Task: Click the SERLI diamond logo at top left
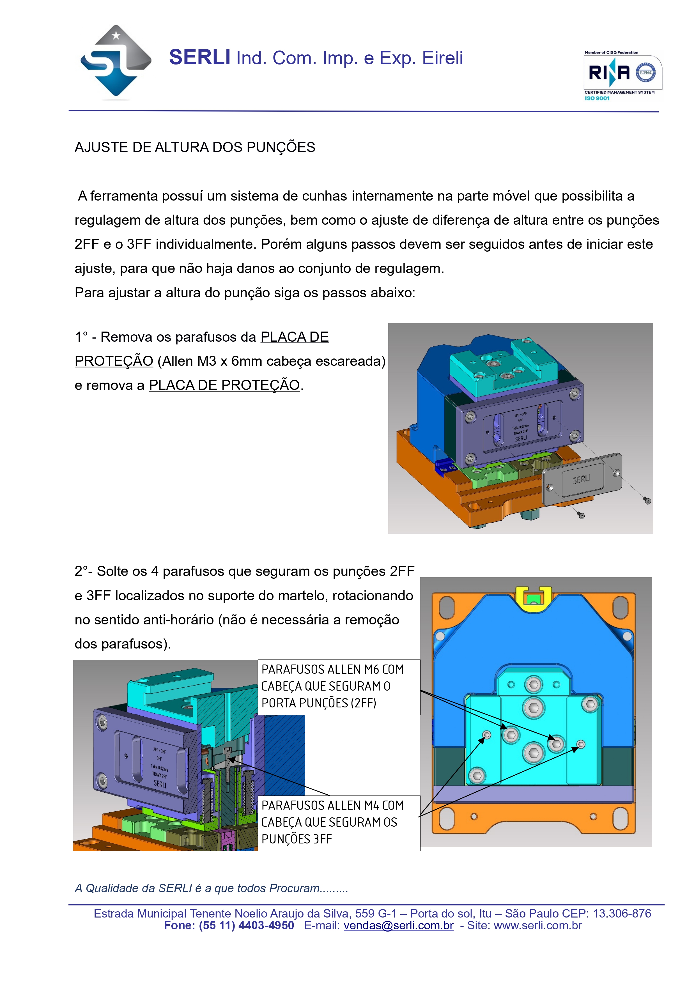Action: pyautogui.click(x=116, y=62)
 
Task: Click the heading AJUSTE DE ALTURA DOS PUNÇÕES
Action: pyautogui.click(x=195, y=148)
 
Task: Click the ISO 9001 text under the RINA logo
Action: pyautogui.click(x=597, y=98)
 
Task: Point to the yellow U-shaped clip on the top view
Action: pyautogui.click(x=533, y=597)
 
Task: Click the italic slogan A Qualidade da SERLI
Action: pyautogui.click(x=211, y=888)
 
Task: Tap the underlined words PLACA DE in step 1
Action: pyautogui.click(x=295, y=337)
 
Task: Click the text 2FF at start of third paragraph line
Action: pyautogui.click(x=87, y=244)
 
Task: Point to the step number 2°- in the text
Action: pyautogui.click(x=84, y=571)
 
